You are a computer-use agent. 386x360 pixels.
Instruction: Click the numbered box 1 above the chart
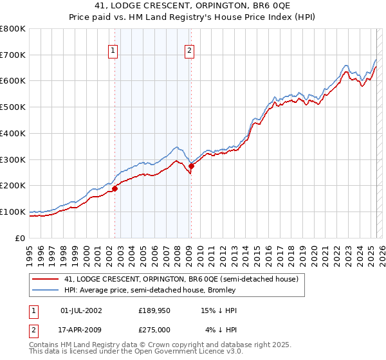coord(113,50)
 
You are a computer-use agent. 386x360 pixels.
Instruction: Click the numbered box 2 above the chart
coord(190,50)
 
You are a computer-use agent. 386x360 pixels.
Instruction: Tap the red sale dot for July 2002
coord(115,188)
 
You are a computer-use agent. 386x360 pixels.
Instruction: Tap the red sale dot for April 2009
coord(191,166)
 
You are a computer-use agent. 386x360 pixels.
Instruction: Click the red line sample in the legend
coord(46,280)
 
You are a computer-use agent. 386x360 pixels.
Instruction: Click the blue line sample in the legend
coord(46,291)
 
